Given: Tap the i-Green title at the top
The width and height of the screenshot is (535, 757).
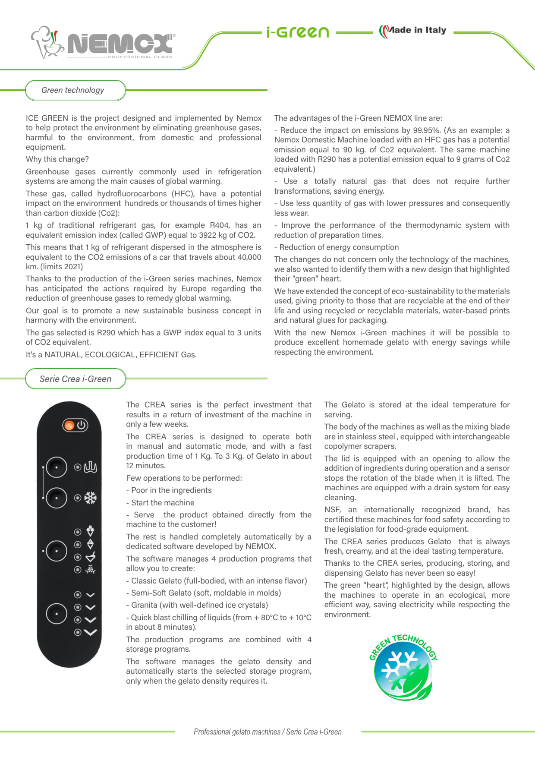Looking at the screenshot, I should click(x=298, y=32).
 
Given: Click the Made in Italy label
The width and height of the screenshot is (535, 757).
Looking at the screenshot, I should click(x=413, y=31).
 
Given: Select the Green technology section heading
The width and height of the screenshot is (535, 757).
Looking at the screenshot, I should click(x=73, y=90).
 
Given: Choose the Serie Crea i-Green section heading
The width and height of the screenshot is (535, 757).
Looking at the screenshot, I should click(x=76, y=379).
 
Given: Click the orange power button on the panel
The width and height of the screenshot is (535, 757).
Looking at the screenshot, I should click(x=69, y=426).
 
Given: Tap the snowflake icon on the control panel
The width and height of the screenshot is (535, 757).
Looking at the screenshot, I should click(x=90, y=498).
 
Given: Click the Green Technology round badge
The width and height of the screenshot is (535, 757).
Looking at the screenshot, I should click(x=403, y=667).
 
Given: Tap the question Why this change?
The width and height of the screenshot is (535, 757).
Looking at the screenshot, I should click(x=57, y=159).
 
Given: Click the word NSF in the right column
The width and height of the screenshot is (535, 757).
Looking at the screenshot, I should click(x=332, y=510).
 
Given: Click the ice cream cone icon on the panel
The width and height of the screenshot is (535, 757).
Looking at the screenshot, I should click(x=90, y=531).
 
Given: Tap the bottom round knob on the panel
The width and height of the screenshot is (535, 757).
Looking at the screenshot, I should click(x=57, y=613).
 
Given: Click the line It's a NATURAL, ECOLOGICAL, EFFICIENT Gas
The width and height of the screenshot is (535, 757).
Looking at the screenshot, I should click(x=111, y=355).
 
